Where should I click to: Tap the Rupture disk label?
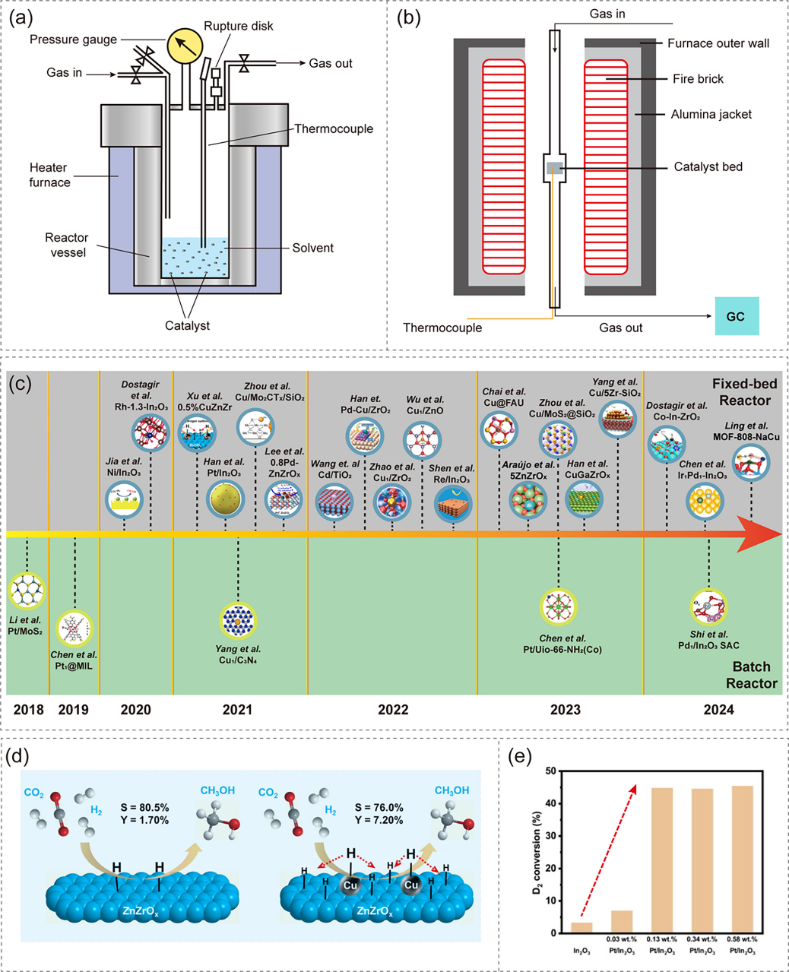click(x=239, y=27)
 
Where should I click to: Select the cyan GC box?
click(x=735, y=316)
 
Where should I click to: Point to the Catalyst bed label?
click(x=708, y=166)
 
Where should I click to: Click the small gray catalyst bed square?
click(x=554, y=168)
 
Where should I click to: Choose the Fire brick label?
click(x=698, y=79)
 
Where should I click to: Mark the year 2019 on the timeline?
click(x=73, y=710)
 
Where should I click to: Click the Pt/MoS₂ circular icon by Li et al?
click(x=27, y=590)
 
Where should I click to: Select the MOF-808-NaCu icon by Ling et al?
click(x=751, y=463)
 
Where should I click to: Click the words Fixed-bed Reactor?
click(x=741, y=392)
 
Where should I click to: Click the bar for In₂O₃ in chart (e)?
click(x=581, y=928)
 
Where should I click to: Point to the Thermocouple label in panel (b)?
click(x=442, y=328)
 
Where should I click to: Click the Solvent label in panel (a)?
click(x=312, y=248)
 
